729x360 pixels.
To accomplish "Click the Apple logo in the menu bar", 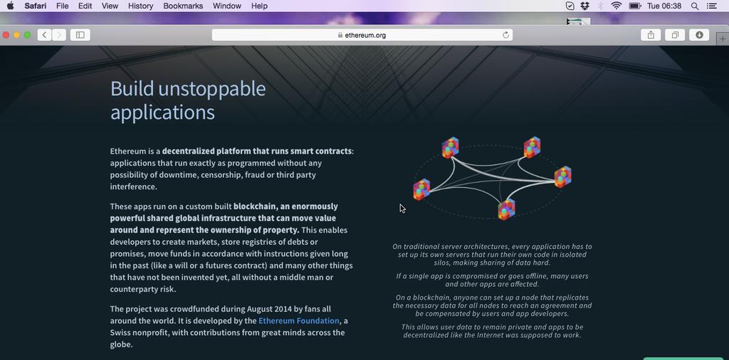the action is pyautogui.click(x=10, y=6).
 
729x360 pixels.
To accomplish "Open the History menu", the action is pyautogui.click(x=140, y=6).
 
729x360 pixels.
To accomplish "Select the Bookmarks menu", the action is pyautogui.click(x=183, y=6).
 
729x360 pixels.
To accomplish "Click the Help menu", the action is pyautogui.click(x=259, y=6).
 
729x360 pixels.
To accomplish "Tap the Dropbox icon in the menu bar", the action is pyautogui.click(x=585, y=6).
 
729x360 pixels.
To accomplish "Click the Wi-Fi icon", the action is pyautogui.click(x=617, y=6).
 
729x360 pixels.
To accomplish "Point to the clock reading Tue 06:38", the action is pyautogui.click(x=664, y=6).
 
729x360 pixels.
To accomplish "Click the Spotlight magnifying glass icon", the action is pyautogui.click(x=695, y=6).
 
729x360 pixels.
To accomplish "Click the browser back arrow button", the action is pyautogui.click(x=45, y=35).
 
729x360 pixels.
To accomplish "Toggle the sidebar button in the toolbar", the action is pyautogui.click(x=80, y=35).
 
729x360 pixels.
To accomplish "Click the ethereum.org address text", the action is pyautogui.click(x=365, y=36).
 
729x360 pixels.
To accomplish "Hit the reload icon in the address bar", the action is pyautogui.click(x=506, y=36).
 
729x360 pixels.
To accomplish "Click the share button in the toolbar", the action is pyautogui.click(x=651, y=35).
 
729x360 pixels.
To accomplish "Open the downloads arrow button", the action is pyautogui.click(x=699, y=35).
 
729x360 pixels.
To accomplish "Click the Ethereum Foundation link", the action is pyautogui.click(x=299, y=321).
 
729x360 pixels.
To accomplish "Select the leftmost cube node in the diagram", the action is pyautogui.click(x=421, y=189).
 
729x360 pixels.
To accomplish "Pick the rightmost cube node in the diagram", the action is pyautogui.click(x=563, y=177).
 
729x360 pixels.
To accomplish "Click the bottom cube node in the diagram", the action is pyautogui.click(x=507, y=209).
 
